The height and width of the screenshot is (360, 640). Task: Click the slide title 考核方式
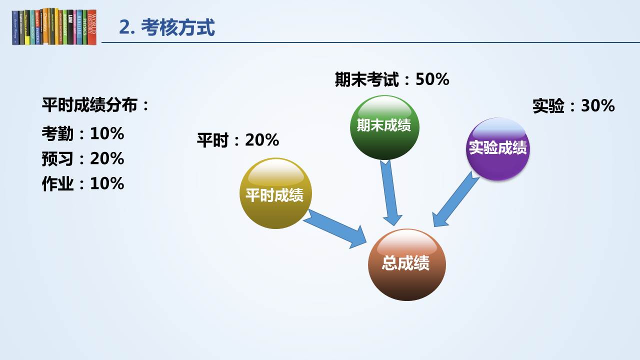(x=177, y=27)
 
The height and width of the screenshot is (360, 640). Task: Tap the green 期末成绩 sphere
(x=384, y=127)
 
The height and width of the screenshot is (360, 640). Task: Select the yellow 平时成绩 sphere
(x=275, y=193)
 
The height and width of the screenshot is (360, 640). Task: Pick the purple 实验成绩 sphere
(x=497, y=149)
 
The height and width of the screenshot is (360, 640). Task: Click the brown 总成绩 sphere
(x=407, y=264)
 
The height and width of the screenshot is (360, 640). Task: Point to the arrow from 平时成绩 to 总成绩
(x=335, y=229)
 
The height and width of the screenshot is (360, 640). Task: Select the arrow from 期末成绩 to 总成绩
(x=390, y=192)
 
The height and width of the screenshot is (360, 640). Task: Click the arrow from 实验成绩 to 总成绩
(x=455, y=199)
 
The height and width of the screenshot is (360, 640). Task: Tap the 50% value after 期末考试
(x=432, y=79)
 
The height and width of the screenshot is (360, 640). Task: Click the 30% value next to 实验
(x=597, y=105)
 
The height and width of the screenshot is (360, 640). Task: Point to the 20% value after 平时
(x=262, y=140)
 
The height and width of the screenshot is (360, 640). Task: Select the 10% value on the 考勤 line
(x=107, y=133)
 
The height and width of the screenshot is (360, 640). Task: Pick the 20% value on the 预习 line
(x=107, y=158)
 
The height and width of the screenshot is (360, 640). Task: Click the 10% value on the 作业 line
(x=107, y=183)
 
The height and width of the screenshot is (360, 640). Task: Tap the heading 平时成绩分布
(x=89, y=105)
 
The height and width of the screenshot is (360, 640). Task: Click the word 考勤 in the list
(x=57, y=133)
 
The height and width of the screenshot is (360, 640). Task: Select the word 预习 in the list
(x=57, y=158)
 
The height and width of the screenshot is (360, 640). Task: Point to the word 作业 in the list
(x=57, y=183)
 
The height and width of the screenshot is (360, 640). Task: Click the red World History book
(x=91, y=27)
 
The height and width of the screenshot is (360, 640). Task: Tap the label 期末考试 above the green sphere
(x=367, y=79)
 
